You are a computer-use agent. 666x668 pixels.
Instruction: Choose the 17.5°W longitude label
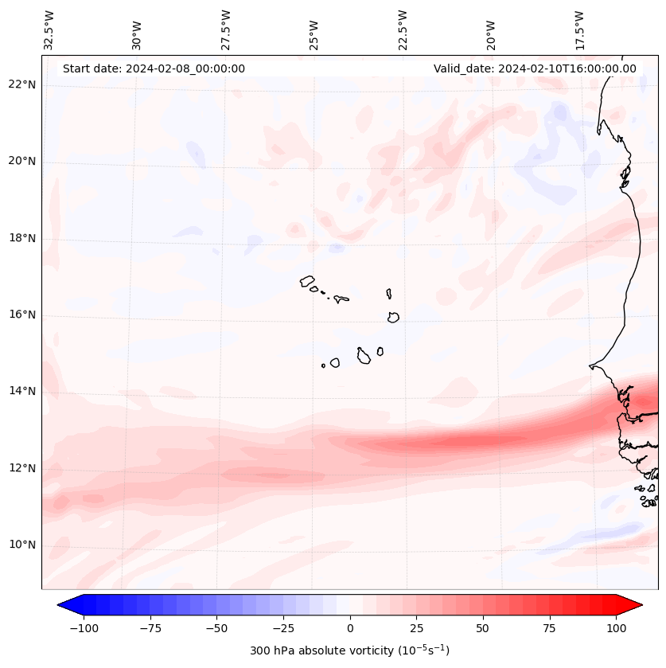click(579, 29)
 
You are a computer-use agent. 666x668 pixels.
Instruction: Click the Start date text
click(154, 68)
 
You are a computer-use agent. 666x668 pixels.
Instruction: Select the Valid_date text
click(535, 68)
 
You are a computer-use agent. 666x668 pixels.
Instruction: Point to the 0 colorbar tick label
click(349, 628)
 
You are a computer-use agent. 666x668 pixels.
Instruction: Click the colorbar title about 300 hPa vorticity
click(349, 650)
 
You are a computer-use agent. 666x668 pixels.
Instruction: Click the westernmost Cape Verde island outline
click(307, 281)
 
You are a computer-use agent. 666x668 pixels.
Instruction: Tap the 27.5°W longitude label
click(225, 29)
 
